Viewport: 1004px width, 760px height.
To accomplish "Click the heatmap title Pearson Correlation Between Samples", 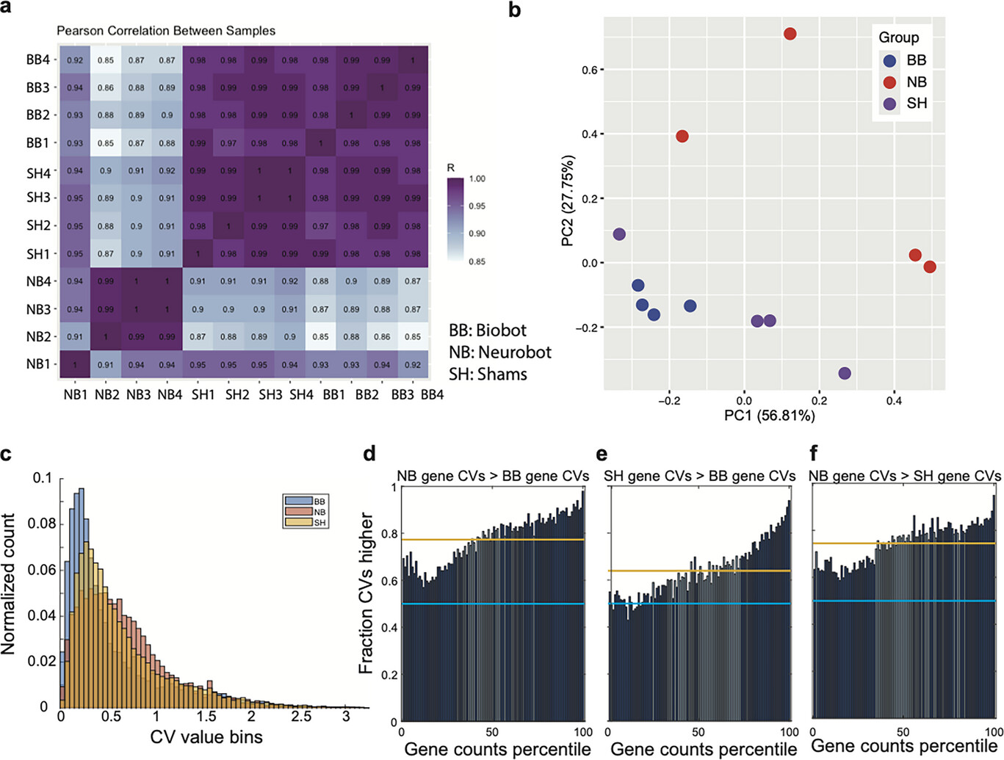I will (166, 31).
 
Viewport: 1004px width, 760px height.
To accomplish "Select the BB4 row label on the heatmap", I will (37, 59).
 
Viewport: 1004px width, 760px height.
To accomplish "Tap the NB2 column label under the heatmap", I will (107, 394).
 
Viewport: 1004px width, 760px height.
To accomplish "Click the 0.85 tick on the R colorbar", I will (477, 261).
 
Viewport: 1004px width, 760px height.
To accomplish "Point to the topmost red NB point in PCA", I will (790, 34).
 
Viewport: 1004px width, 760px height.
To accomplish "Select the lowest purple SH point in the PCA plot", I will (845, 373).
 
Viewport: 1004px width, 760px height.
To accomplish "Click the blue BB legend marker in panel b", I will (889, 60).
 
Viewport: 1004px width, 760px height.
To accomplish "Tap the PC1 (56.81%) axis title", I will (769, 416).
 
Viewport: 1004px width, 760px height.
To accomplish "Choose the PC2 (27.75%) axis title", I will (568, 200).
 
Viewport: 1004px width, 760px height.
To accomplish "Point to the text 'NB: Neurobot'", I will (500, 352).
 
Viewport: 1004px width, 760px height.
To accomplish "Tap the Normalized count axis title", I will (9, 583).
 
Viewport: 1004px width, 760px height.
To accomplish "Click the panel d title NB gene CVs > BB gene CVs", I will (493, 477).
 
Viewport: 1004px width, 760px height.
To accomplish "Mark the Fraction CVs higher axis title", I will (366, 593).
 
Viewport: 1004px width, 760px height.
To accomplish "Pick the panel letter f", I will (814, 452).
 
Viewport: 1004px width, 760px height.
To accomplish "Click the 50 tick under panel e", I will (698, 732).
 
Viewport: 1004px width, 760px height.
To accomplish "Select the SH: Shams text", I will (488, 374).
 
